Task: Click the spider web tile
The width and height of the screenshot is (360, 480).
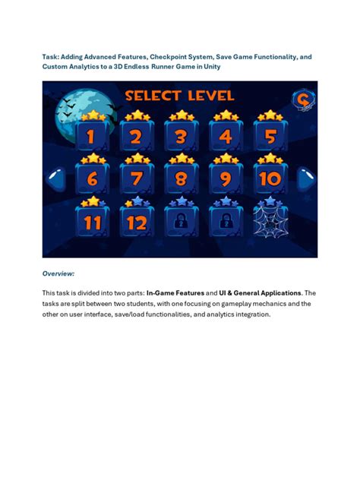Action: click(x=270, y=221)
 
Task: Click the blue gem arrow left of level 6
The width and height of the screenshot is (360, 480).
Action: click(x=55, y=180)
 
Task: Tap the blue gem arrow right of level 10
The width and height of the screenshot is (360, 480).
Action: click(x=306, y=180)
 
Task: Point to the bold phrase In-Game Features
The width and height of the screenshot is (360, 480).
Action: click(x=179, y=292)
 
